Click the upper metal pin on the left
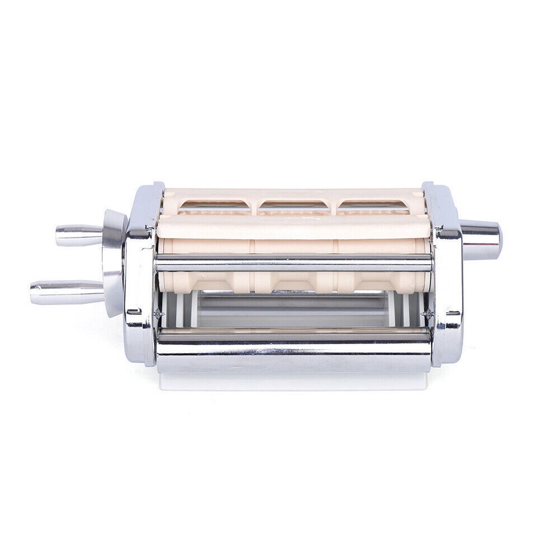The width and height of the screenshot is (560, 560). tap(79, 235)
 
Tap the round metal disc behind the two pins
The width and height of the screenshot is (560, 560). tap(114, 262)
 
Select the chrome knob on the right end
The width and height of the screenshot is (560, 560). tap(481, 239)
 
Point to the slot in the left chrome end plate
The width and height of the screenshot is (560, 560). tap(134, 311)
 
